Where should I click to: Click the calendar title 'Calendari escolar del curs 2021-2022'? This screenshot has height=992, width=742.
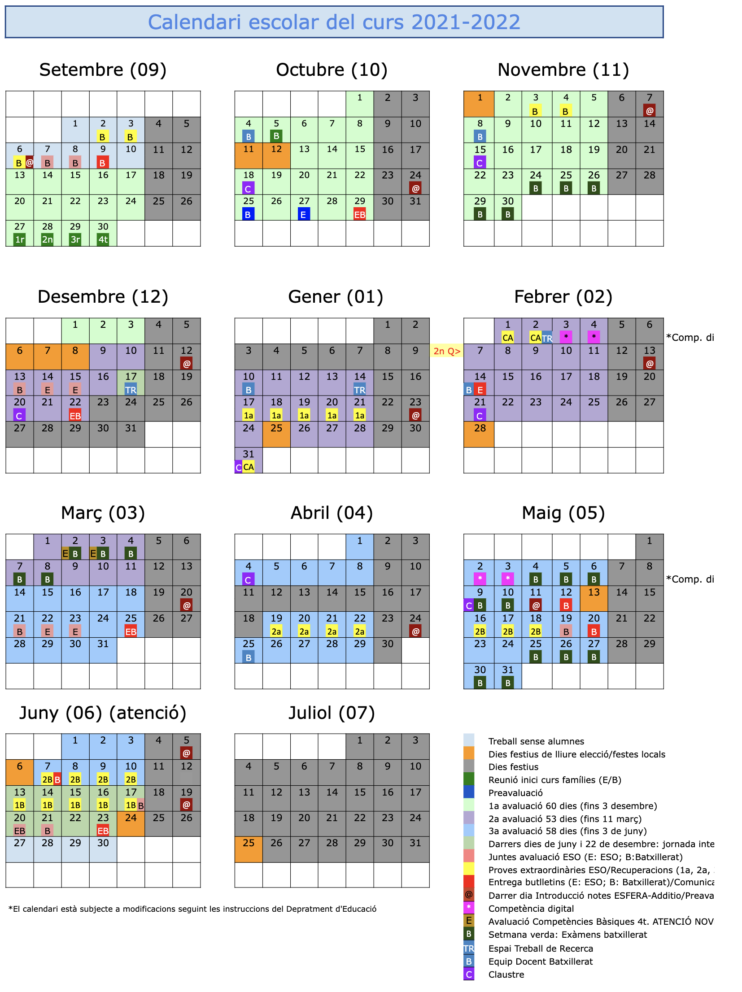[334, 22]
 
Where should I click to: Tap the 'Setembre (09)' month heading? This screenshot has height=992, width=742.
[103, 70]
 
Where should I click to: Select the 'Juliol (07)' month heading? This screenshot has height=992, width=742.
[332, 713]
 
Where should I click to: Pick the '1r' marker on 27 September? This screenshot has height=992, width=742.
[19, 239]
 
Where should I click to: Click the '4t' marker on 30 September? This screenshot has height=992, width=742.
[103, 239]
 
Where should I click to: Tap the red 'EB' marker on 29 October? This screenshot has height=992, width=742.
[360, 214]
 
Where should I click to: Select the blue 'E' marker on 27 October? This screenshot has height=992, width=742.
[304, 214]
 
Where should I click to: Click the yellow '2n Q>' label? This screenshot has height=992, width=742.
[446, 351]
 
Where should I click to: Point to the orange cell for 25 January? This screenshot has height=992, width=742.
[276, 434]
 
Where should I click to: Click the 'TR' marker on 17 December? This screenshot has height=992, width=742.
[131, 389]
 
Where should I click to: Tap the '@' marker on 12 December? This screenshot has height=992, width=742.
[186, 363]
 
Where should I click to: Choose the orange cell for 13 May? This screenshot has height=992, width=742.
[594, 598]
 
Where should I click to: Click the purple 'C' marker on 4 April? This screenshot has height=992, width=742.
[248, 579]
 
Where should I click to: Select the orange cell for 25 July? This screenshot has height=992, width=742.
[249, 849]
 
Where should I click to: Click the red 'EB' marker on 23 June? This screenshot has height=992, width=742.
[103, 831]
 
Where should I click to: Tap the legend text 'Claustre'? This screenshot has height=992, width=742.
[506, 975]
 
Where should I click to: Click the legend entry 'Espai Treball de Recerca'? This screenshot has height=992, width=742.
[541, 948]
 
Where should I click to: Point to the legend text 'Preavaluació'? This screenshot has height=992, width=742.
[515, 793]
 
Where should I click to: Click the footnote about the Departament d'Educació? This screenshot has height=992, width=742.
[192, 909]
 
